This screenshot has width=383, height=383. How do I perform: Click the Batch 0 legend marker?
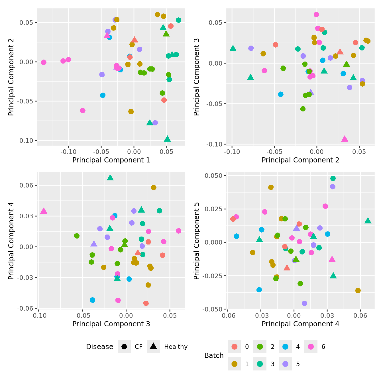[x=235, y=347]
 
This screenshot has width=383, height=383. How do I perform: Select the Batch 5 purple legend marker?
[x=285, y=364]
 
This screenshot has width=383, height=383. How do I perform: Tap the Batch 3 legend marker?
[x=260, y=364]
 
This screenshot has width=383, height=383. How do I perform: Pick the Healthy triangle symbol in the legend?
[x=153, y=346]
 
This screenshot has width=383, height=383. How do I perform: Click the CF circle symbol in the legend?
[x=124, y=347]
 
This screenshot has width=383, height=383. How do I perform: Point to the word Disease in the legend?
[x=100, y=347]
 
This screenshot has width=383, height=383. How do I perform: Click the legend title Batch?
[x=214, y=356]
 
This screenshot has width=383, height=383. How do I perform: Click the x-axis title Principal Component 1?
[x=111, y=160]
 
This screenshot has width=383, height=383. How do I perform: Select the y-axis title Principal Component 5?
[x=196, y=241]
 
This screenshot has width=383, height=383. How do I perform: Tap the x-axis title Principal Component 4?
[x=300, y=324]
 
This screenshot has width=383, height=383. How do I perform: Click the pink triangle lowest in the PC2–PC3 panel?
[x=345, y=139]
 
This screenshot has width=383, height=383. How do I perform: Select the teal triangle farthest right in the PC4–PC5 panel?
[x=368, y=221]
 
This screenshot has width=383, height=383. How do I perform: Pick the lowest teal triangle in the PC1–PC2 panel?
[x=167, y=139]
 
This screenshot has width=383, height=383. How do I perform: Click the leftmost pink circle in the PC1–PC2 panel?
[x=44, y=62]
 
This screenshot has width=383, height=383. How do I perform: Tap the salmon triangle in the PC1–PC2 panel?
[x=135, y=40]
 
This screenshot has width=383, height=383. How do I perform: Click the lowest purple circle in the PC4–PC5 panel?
[x=304, y=303]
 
